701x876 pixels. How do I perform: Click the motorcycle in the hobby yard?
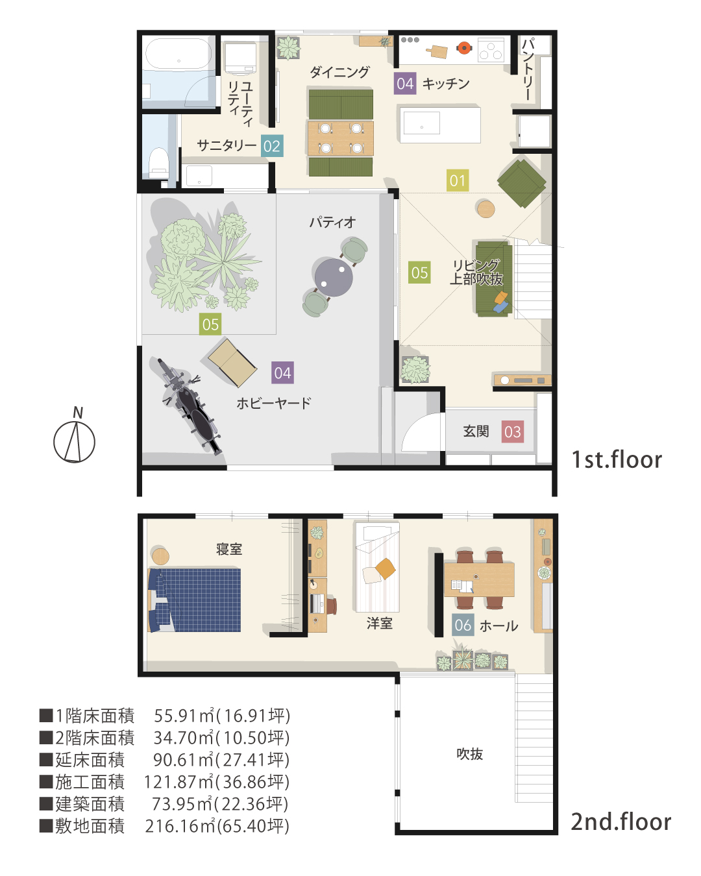(189, 406)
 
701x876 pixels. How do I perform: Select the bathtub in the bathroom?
(178, 53)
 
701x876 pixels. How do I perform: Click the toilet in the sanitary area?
(159, 163)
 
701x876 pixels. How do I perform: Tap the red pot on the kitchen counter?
(464, 47)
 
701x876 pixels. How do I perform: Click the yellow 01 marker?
(458, 180)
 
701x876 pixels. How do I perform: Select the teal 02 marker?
(272, 146)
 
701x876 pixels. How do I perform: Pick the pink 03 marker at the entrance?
(512, 432)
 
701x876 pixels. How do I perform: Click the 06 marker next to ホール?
(463, 625)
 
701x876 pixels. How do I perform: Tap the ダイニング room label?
(339, 72)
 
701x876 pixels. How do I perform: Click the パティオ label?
(332, 223)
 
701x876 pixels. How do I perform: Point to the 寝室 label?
(229, 549)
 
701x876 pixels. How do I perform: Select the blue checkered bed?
(194, 600)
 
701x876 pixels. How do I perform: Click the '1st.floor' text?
(617, 459)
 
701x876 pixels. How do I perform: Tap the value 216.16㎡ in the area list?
(180, 826)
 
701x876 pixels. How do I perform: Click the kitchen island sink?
(422, 123)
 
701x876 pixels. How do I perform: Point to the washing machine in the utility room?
(240, 58)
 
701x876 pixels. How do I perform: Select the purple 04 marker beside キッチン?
(405, 84)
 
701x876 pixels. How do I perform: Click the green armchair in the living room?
(521, 183)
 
